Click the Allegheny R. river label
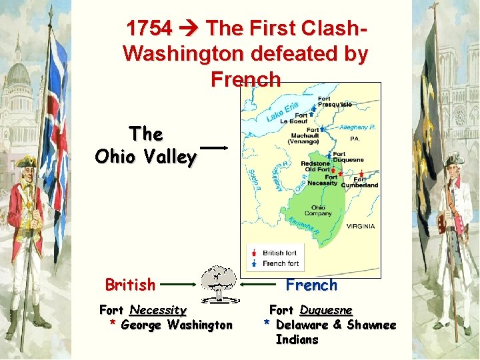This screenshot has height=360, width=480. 358,127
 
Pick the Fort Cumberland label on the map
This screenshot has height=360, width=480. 360,182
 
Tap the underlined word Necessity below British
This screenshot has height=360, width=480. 158,310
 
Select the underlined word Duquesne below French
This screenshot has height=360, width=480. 326,310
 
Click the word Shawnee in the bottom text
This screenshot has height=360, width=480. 371,325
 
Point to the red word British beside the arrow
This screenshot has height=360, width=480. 130,285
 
